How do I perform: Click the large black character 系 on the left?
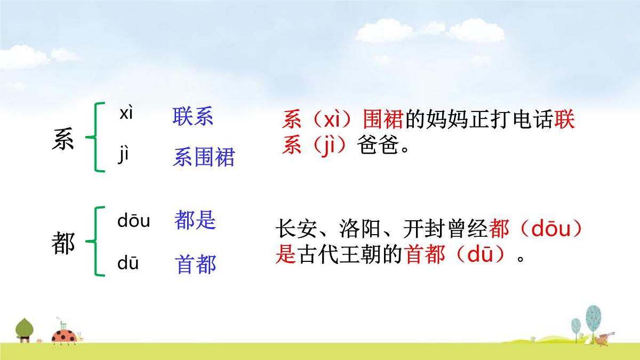(x=63, y=140)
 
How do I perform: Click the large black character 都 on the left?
(x=63, y=244)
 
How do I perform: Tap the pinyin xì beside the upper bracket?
(x=126, y=114)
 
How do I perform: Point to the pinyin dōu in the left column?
(x=133, y=221)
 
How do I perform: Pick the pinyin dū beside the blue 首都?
(x=128, y=263)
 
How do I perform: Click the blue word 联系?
(x=193, y=117)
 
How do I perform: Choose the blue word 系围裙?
(x=203, y=158)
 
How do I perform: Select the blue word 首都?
(x=196, y=265)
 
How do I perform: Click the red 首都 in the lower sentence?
(x=425, y=255)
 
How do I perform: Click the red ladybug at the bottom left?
(x=64, y=335)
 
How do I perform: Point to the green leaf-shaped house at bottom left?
(x=24, y=327)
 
